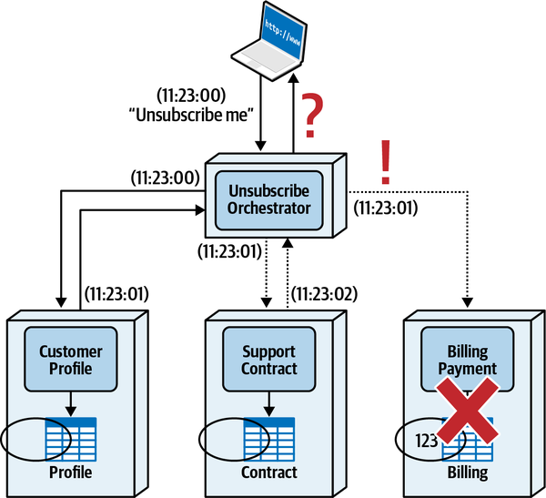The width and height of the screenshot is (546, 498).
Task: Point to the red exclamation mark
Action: (x=385, y=164)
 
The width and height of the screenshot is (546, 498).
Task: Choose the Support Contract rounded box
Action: (x=269, y=361)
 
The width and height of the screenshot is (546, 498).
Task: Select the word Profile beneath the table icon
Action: (x=70, y=473)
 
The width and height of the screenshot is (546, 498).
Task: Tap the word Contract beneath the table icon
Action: (x=269, y=473)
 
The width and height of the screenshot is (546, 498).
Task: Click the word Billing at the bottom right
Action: (x=467, y=473)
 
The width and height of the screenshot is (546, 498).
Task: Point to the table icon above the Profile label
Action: (x=70, y=438)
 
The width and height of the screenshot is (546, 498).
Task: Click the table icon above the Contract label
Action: (x=269, y=438)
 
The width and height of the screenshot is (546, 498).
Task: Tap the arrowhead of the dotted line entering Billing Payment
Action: (x=467, y=302)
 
